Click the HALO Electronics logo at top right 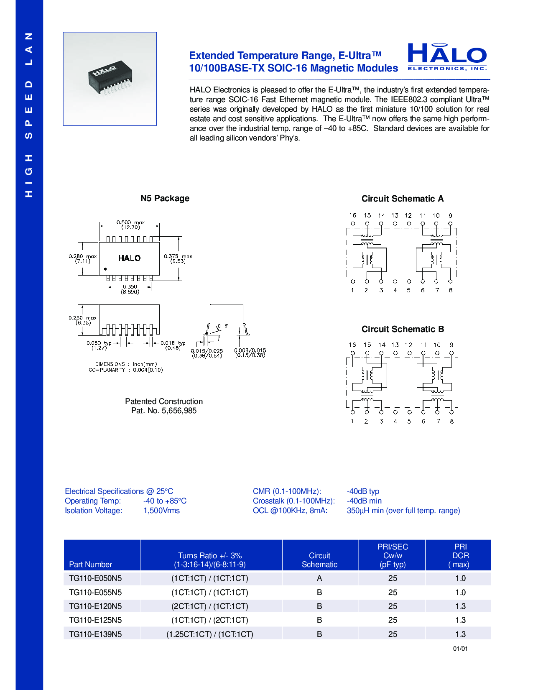447,57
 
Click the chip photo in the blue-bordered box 110,79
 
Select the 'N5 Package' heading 165,198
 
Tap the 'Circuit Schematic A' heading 402,199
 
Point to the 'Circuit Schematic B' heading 403,329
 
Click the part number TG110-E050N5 95,578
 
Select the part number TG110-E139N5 95,634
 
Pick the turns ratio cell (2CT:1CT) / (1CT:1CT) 210,606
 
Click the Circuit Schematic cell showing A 319,578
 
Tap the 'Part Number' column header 90,564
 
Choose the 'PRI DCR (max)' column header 460,555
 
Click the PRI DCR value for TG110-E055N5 460,592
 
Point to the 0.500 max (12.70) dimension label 130,225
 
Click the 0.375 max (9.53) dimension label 178,259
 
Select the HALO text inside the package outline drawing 129,258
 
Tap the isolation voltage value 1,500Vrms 161,511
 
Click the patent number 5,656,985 179,411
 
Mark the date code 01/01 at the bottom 460,649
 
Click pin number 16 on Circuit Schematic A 353,215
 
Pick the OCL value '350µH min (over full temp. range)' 403,511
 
